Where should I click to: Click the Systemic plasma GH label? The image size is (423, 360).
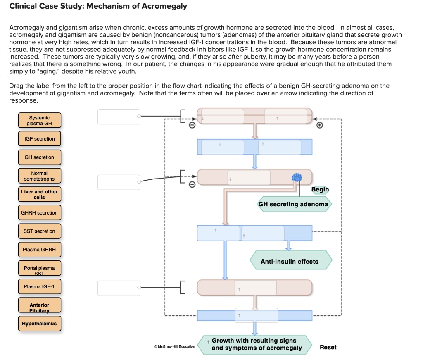(39, 120)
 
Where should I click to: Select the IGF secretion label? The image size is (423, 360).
(39, 139)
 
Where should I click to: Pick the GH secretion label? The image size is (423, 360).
(39, 157)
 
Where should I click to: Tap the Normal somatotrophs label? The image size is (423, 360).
(39, 176)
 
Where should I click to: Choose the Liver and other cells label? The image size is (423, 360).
(39, 194)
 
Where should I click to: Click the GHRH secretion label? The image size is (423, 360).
(39, 213)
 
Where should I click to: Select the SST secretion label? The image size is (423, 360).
(39, 231)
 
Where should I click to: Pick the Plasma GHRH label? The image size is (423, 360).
(39, 250)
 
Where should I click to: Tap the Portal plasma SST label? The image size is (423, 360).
(39, 268)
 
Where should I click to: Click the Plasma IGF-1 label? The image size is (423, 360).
(39, 286)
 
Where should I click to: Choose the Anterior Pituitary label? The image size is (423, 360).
(39, 305)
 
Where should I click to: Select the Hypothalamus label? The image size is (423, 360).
(39, 324)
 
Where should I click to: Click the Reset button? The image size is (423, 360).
(328, 347)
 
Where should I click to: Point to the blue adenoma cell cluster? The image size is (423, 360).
(297, 178)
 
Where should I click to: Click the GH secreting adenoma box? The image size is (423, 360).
(293, 204)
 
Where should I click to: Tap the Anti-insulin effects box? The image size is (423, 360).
(290, 262)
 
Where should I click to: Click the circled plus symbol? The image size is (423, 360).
(320, 125)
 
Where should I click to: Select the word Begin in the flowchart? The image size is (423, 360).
(320, 189)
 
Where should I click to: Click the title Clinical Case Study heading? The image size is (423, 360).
(98, 7)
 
